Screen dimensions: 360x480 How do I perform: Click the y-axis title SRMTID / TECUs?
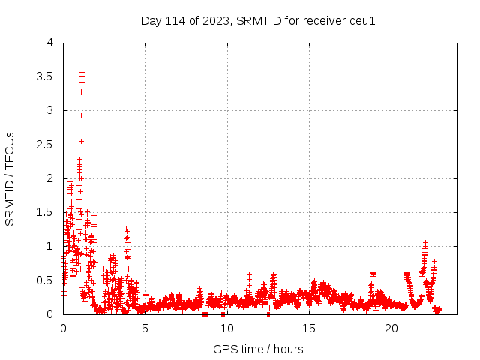(10, 178)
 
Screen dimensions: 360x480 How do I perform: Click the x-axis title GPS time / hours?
(258, 349)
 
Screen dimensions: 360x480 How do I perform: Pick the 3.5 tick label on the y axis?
(45, 76)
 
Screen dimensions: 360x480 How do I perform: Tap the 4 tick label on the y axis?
(50, 43)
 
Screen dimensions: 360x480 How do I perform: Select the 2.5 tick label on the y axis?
(45, 145)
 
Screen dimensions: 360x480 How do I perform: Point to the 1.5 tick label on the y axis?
(45, 212)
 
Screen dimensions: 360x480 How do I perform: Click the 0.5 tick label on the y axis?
(45, 280)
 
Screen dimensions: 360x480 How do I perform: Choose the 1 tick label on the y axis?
(50, 246)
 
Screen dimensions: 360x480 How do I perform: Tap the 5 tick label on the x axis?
(145, 328)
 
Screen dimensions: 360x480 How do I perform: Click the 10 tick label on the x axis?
(226, 328)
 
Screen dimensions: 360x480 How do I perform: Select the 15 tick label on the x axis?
(309, 328)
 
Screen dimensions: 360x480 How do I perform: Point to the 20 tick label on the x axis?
(391, 328)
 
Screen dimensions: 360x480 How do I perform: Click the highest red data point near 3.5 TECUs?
(82, 73)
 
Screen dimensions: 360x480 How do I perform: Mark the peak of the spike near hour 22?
(425, 243)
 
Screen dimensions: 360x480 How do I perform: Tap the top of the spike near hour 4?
(127, 229)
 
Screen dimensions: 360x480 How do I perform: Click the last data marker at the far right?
(439, 309)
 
